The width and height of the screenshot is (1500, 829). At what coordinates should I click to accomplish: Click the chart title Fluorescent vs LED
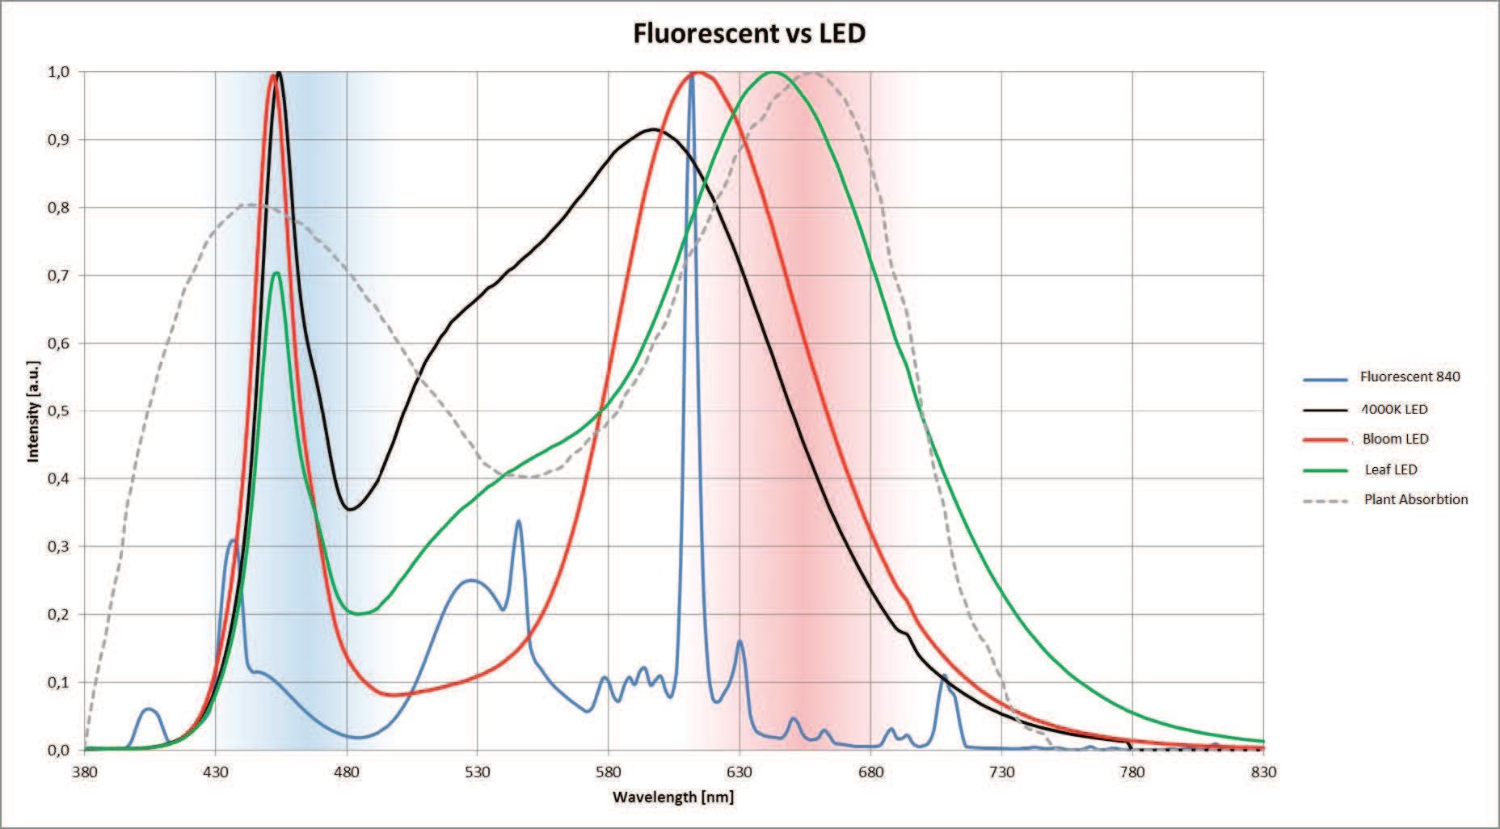pyautogui.click(x=749, y=33)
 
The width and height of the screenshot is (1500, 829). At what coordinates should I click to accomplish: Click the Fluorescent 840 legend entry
pyautogui.click(x=1409, y=377)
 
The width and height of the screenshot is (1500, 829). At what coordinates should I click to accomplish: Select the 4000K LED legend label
pyautogui.click(x=1395, y=409)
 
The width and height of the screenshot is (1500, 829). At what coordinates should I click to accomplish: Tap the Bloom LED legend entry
pyautogui.click(x=1395, y=439)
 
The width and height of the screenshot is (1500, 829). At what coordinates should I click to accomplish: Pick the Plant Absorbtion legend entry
pyautogui.click(x=1415, y=499)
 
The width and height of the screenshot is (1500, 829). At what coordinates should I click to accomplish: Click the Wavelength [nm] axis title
pyautogui.click(x=673, y=797)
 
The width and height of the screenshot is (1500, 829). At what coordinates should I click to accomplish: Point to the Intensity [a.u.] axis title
pyautogui.click(x=33, y=411)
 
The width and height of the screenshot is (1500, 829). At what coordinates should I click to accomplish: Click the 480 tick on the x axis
pyautogui.click(x=346, y=772)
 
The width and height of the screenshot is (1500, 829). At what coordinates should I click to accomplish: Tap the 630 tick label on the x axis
pyautogui.click(x=739, y=772)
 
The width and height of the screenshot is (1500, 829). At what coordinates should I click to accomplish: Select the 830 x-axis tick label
pyautogui.click(x=1263, y=772)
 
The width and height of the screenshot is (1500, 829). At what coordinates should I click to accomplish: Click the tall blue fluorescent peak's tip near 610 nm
pyautogui.click(x=691, y=77)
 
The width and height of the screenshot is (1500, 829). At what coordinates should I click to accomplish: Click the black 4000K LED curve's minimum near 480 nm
pyautogui.click(x=349, y=509)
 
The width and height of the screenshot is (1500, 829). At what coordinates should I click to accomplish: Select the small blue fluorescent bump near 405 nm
pyautogui.click(x=150, y=709)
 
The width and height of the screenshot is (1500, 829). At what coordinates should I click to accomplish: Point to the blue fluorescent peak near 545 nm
pyautogui.click(x=518, y=522)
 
